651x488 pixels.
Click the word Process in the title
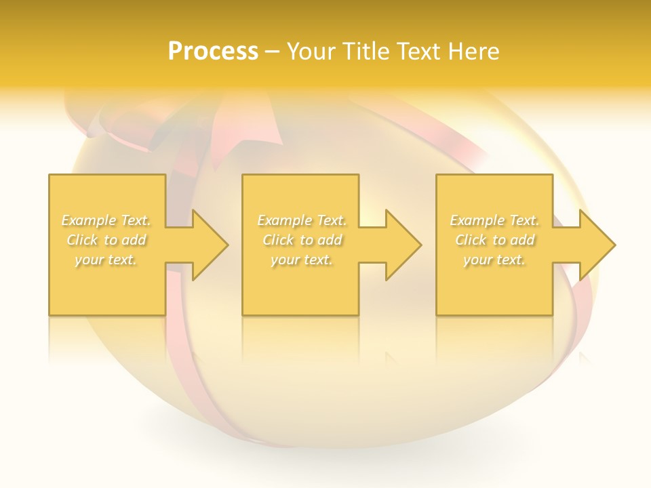[x=213, y=52]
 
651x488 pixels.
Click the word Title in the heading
[x=367, y=52]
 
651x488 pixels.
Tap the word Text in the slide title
[x=419, y=52]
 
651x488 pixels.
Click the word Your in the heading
[x=313, y=52]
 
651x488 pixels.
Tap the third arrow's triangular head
[x=596, y=245]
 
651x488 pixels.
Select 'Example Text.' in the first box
[x=106, y=220]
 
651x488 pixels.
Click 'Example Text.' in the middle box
[x=302, y=220]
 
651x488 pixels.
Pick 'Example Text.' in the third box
[x=494, y=220]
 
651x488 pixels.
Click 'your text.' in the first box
[x=106, y=260]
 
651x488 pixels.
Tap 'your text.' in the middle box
[x=302, y=260]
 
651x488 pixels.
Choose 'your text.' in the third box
[x=494, y=260]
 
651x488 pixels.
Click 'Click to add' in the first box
[x=106, y=240]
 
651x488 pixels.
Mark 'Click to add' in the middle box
[x=302, y=240]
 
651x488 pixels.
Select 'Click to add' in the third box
[x=494, y=240]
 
